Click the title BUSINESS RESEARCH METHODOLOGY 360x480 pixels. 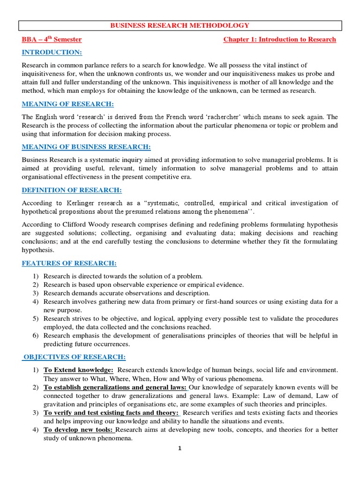coord(180,25)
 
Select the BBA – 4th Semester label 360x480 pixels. coord(52,39)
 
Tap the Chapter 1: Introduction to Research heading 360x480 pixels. coord(279,39)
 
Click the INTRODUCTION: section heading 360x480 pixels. coord(52,52)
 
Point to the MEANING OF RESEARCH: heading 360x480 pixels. coord(68,104)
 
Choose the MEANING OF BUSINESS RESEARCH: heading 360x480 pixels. coord(86,147)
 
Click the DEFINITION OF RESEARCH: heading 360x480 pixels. coord(72,190)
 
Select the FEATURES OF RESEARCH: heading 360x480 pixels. coord(69,263)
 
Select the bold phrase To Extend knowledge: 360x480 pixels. coord(78,370)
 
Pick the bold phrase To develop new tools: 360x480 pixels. coord(79,429)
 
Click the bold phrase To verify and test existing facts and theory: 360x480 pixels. coord(111,412)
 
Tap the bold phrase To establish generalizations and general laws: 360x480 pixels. coord(115,387)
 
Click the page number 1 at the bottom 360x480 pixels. coord(179,448)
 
